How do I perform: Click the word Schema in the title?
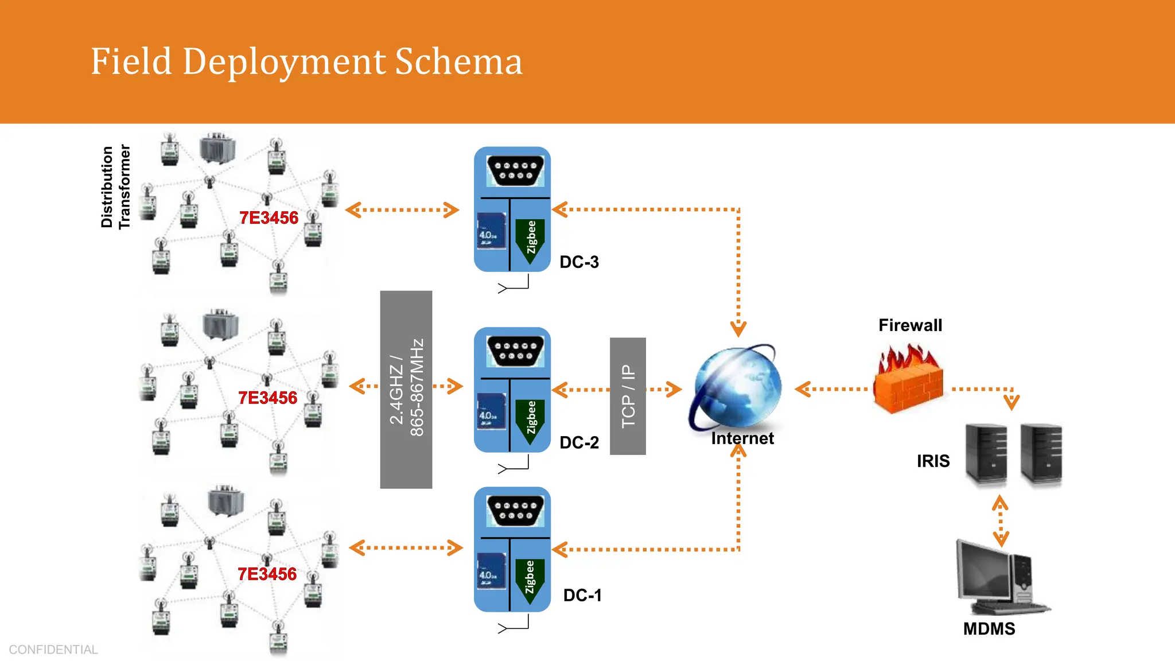tap(458, 61)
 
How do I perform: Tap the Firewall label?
tap(910, 325)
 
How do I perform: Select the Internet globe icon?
tap(737, 387)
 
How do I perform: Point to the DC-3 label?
tap(579, 262)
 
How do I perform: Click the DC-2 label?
tap(579, 442)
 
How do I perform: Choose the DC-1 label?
tap(582, 595)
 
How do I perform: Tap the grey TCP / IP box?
tap(628, 396)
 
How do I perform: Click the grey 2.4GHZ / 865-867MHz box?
tap(406, 389)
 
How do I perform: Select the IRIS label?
tap(933, 461)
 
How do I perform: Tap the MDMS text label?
tap(989, 629)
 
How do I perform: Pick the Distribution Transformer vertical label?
tap(115, 186)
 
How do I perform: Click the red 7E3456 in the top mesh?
tap(269, 218)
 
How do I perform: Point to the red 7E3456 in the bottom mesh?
tap(267, 574)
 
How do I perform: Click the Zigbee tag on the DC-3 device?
tap(531, 238)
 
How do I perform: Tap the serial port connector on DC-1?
tap(515, 510)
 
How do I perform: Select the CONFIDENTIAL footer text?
tap(53, 650)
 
